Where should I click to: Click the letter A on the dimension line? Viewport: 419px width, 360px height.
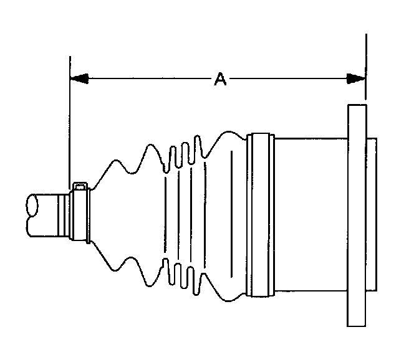[x=220, y=79]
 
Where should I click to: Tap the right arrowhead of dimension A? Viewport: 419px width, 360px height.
[x=356, y=79]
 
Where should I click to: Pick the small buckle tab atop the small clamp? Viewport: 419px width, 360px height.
[x=80, y=186]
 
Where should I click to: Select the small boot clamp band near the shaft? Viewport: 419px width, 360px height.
[x=79, y=215]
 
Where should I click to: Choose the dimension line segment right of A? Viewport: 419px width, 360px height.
[x=287, y=79]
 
